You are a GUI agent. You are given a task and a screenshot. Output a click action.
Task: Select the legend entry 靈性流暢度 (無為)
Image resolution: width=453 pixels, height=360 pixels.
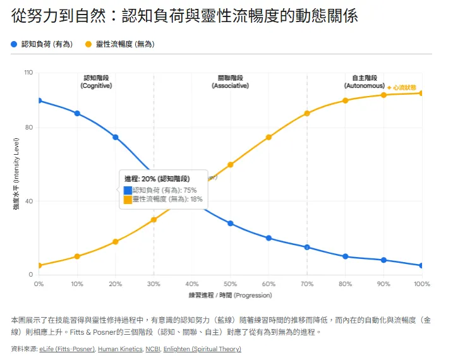124,44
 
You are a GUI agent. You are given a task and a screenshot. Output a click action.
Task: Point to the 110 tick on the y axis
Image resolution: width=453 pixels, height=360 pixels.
28,73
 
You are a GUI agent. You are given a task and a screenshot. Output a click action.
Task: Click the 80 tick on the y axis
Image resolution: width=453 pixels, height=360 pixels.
29,128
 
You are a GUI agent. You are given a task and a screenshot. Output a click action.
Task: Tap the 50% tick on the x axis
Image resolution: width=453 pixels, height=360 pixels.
230,285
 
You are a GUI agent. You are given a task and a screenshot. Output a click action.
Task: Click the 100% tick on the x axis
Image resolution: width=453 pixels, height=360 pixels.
421,285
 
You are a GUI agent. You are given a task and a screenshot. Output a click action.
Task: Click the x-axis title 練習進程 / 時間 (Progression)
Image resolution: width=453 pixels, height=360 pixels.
230,296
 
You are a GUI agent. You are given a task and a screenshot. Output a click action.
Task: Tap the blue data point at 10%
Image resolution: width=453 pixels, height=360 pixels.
77,114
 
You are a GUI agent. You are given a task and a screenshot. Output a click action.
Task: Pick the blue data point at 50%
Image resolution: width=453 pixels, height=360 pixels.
231,224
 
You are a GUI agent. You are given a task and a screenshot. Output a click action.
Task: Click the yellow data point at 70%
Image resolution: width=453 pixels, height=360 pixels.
307,114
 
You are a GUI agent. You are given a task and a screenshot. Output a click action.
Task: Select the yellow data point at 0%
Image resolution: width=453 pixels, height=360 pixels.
39,265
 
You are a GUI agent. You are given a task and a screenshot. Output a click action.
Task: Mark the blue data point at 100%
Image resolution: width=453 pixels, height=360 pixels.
421,265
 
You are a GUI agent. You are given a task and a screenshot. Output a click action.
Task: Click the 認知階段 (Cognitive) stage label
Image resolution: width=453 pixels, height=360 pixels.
96,81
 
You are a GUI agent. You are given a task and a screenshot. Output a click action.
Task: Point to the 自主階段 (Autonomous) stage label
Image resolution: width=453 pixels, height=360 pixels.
364,81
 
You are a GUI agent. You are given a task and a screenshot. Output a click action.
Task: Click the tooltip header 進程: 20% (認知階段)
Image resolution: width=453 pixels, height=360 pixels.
157,179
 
